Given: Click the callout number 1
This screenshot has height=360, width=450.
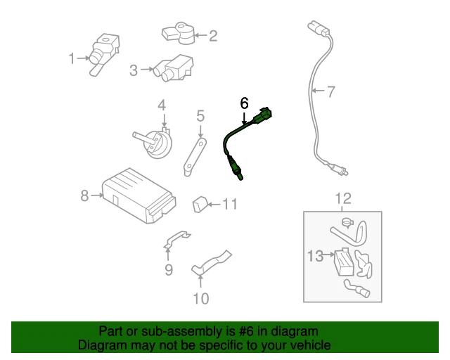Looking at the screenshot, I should click(71, 59).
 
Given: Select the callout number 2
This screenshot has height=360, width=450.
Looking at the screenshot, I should click(212, 35).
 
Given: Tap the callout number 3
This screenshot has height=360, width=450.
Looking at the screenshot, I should click(134, 70).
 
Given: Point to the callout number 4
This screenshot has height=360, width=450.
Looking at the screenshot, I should click(162, 105).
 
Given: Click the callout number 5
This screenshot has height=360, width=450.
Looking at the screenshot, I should click(200, 115).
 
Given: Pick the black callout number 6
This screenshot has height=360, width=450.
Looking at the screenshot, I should click(244, 103).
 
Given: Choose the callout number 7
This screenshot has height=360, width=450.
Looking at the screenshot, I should click(331, 90).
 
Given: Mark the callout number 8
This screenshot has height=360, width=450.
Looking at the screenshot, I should click(84, 195).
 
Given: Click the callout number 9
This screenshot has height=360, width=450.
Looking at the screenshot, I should click(169, 269).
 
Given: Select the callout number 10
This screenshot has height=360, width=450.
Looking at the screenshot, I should click(200, 298).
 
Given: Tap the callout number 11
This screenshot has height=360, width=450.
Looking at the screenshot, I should click(231, 205).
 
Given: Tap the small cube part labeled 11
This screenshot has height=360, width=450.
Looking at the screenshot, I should click(198, 205).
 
